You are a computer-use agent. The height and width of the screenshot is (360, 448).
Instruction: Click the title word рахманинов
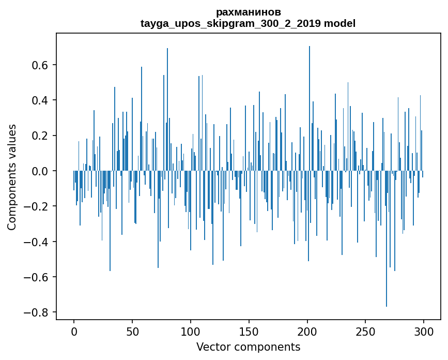[248, 12]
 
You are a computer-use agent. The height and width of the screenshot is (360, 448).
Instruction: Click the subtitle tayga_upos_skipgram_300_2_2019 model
[248, 23]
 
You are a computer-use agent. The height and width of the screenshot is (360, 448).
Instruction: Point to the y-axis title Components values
[12, 177]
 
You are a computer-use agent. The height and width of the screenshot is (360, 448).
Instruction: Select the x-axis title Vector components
[248, 347]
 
